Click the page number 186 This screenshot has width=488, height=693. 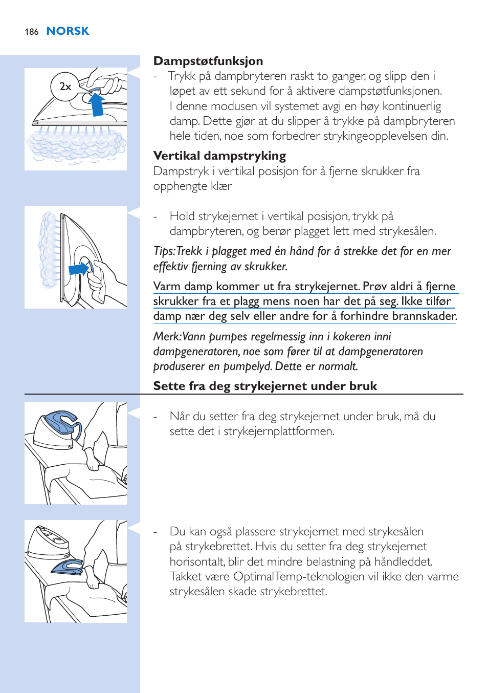31,32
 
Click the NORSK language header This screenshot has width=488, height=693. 68,31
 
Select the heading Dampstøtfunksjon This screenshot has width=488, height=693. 208,61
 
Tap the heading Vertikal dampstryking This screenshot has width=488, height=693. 219,156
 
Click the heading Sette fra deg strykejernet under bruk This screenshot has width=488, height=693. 265,386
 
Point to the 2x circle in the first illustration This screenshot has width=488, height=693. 65,86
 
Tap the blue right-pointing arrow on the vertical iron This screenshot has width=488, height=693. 79,269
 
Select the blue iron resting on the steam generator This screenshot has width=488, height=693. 62,422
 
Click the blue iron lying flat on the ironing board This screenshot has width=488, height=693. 66,567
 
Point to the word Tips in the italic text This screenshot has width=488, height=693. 163,251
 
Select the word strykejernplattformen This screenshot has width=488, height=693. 279,431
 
